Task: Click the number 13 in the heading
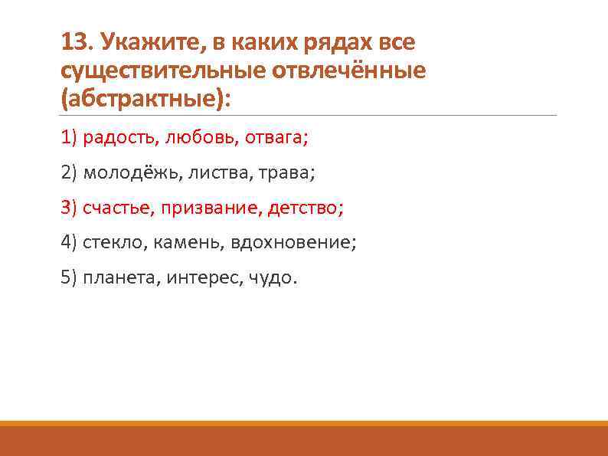(x=74, y=41)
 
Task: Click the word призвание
(x=203, y=208)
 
